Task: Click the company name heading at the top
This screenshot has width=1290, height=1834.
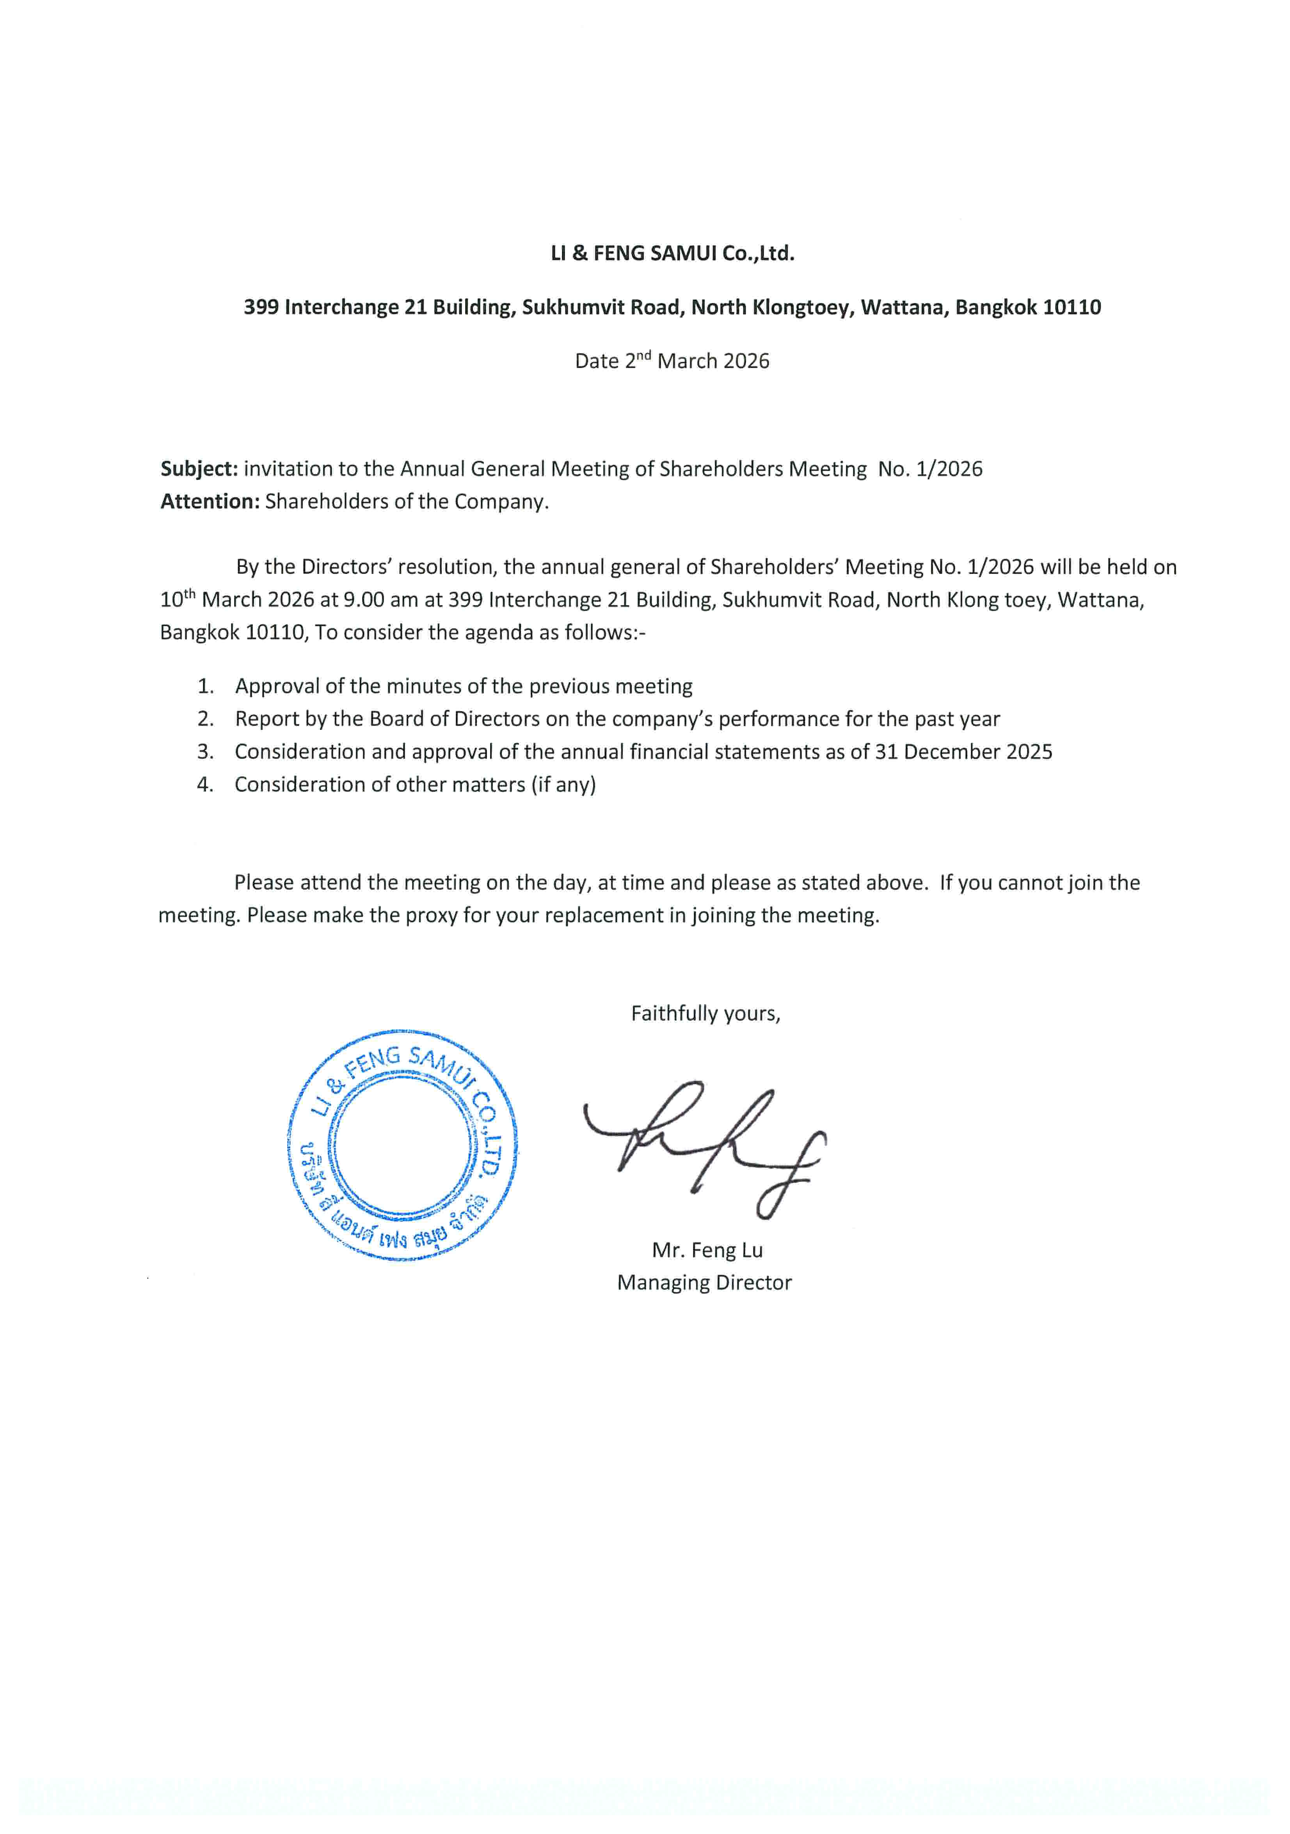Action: tap(672, 253)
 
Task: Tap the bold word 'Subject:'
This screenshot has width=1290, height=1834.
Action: tap(199, 469)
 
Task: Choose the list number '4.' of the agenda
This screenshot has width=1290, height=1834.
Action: tap(205, 784)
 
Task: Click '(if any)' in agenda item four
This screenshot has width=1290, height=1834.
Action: tap(563, 784)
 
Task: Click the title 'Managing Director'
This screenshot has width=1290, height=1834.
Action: tap(704, 1283)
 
